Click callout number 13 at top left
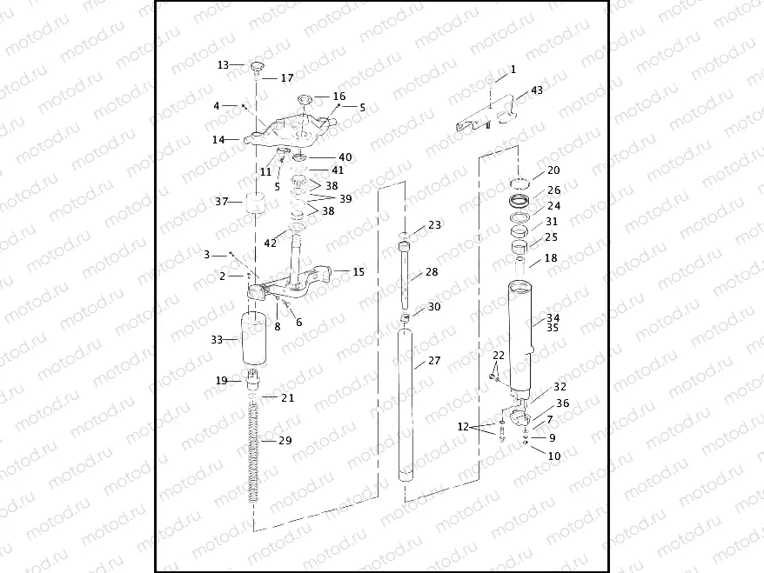(223, 65)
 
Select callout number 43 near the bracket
(536, 90)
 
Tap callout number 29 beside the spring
(285, 441)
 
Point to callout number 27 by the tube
(432, 361)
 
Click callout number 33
(218, 340)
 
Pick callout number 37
(222, 202)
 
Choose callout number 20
(553, 170)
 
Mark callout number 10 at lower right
(553, 455)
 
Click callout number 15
(358, 272)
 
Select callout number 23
(434, 225)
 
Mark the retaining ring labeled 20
(521, 183)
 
